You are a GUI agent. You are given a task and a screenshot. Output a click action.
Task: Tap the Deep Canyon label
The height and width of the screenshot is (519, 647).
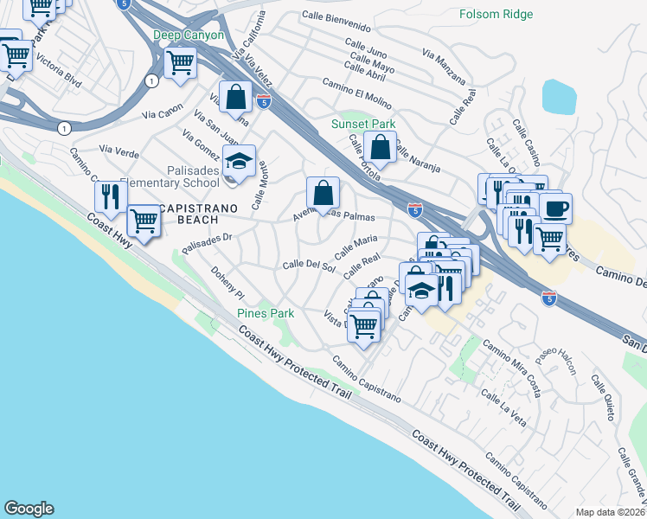point(189,35)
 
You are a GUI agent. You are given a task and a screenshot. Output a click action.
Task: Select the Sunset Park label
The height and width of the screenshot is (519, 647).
point(363,124)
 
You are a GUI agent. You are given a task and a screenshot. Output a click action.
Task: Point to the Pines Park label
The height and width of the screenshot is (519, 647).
point(266,313)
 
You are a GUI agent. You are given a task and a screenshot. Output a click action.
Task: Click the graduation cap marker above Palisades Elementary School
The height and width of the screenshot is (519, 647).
point(239,161)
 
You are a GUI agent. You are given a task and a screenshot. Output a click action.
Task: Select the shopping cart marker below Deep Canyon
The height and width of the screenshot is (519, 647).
point(180,63)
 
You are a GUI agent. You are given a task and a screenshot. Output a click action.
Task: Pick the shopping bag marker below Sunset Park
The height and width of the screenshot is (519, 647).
point(380,148)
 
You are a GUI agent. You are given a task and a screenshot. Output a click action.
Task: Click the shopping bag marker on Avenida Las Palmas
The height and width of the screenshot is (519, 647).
point(323,194)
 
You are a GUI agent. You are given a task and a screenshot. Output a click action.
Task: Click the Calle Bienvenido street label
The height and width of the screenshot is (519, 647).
point(343,16)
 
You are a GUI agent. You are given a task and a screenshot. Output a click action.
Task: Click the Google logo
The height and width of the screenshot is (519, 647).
point(29,508)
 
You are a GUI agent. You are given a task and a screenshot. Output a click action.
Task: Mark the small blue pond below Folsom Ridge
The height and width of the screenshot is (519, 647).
point(559,97)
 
